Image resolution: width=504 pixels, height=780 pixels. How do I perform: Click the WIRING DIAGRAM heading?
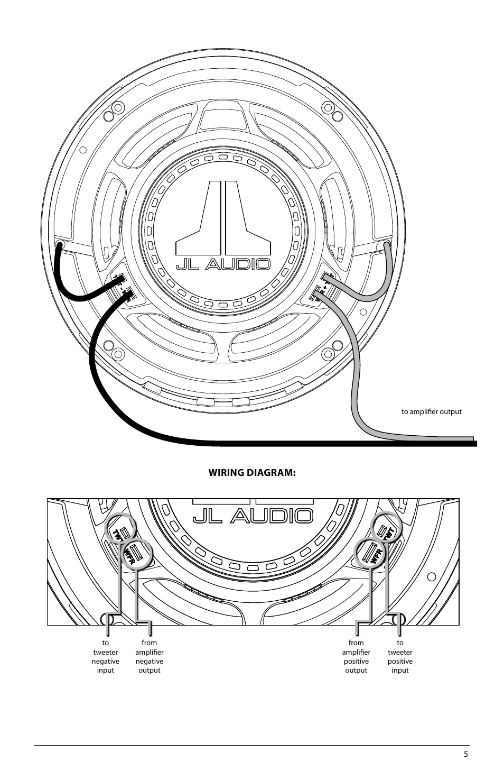click(251, 472)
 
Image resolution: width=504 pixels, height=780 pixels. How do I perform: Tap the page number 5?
click(466, 755)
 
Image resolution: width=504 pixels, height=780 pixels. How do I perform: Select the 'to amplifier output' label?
click(431, 411)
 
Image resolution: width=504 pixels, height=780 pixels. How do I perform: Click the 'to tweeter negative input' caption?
click(106, 657)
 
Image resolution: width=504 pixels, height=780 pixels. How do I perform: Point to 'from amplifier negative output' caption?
click(150, 657)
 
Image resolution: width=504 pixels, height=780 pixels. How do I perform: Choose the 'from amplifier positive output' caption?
click(356, 657)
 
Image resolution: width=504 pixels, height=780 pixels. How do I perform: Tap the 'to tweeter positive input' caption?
click(400, 657)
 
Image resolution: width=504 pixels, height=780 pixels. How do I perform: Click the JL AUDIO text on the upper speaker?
click(223, 264)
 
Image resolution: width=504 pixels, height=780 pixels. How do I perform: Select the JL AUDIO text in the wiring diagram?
click(252, 516)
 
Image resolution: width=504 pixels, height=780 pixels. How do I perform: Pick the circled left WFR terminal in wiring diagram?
click(136, 553)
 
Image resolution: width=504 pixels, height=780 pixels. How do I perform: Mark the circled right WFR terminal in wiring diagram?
click(370, 553)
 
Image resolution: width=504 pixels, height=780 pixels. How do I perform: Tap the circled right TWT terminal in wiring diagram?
click(382, 529)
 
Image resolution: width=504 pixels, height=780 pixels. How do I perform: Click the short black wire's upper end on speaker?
click(60, 246)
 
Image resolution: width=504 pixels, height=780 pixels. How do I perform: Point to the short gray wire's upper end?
click(386, 246)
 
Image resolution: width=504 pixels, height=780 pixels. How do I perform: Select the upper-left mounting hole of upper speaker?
click(109, 115)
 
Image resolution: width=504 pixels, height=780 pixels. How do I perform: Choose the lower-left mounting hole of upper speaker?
click(109, 346)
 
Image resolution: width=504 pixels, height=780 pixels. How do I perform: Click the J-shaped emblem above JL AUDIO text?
click(223, 218)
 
